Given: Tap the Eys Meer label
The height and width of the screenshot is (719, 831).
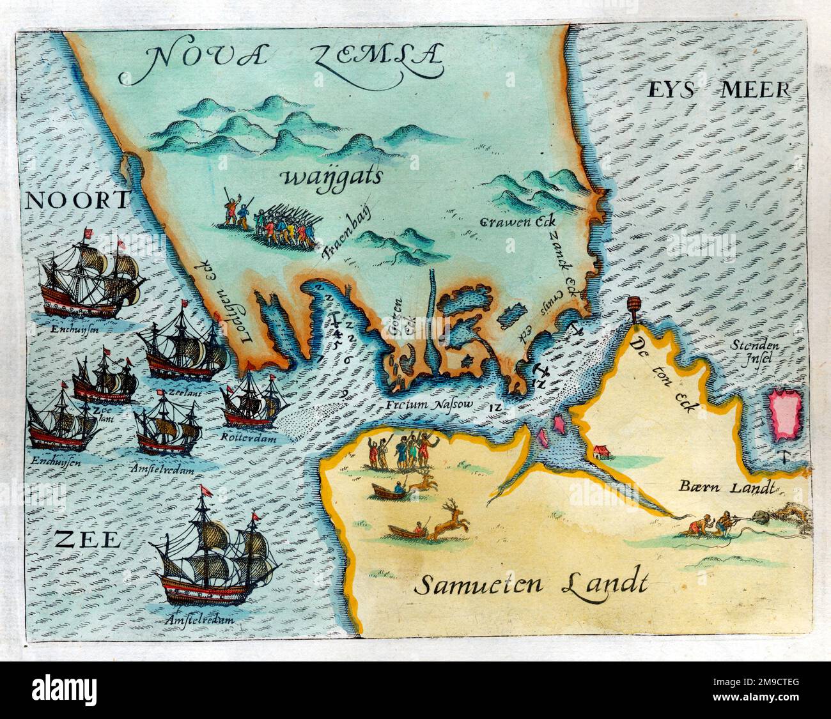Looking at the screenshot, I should (x=718, y=89).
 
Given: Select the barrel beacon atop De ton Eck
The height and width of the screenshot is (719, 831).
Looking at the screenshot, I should (x=635, y=309).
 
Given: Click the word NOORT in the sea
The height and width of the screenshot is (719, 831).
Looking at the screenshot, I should (x=77, y=200).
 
